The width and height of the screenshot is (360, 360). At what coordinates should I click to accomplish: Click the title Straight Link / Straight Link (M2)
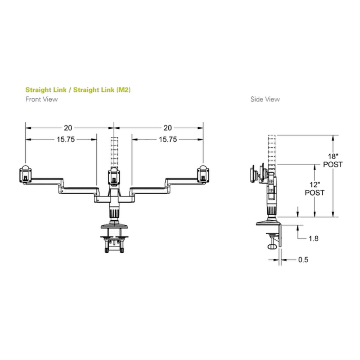pyautogui.click(x=78, y=90)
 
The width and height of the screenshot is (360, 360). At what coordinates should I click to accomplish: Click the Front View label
pyautogui.click(x=41, y=99)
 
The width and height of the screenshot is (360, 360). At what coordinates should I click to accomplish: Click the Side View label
pyautogui.click(x=265, y=99)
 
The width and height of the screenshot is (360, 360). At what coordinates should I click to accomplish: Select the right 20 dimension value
pyautogui.click(x=168, y=128)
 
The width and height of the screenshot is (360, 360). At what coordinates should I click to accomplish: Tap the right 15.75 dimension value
pyautogui.click(x=168, y=140)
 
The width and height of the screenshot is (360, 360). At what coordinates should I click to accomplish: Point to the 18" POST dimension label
pyautogui.click(x=333, y=160)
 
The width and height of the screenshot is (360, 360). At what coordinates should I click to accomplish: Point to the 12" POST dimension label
pyautogui.click(x=314, y=188)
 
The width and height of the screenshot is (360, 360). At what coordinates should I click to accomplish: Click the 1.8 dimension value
pyautogui.click(x=313, y=238)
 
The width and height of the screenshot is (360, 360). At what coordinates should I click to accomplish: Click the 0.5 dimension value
pyautogui.click(x=303, y=260)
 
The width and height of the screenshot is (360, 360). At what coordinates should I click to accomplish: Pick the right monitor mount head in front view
pyautogui.click(x=203, y=174)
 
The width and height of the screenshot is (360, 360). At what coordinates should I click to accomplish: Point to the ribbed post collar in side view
pyautogui.click(x=272, y=210)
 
